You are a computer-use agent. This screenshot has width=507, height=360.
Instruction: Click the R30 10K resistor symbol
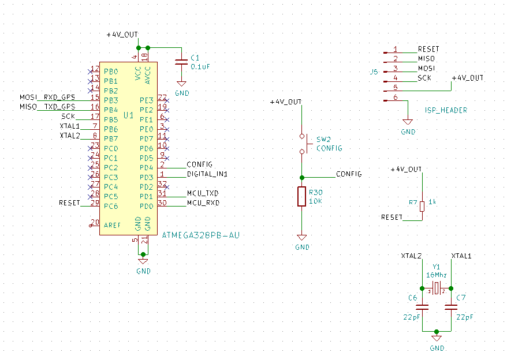pyautogui.click(x=301, y=196)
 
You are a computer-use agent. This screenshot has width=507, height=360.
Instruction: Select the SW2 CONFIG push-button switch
pyautogui.click(x=301, y=144)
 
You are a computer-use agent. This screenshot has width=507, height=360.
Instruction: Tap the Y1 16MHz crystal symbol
pyautogui.click(x=437, y=287)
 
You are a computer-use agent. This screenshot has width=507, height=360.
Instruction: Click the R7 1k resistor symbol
pyautogui.click(x=422, y=206)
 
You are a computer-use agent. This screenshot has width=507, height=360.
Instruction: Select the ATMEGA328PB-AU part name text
pyautogui.click(x=200, y=235)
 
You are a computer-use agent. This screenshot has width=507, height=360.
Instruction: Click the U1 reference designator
pyautogui.click(x=128, y=115)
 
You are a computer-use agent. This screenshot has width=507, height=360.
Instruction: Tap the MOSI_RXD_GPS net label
pyautogui.click(x=47, y=97)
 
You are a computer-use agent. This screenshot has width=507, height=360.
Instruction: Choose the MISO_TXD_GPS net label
pyautogui.click(x=47, y=107)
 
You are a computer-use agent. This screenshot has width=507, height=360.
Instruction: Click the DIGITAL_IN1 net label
pyautogui.click(x=207, y=174)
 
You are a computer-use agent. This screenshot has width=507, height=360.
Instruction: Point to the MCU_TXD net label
pyautogui.click(x=203, y=193)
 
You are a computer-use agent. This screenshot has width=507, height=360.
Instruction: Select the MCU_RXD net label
pyautogui.click(x=203, y=203)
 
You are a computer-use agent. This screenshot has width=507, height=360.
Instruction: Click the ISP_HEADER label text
pyautogui.click(x=446, y=110)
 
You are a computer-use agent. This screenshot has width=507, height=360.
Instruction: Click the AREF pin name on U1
pyautogui.click(x=113, y=225)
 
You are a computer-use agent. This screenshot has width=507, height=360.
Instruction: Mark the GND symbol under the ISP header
pyautogui.click(x=408, y=122)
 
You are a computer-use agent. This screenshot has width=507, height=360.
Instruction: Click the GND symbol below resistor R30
pyautogui.click(x=301, y=238)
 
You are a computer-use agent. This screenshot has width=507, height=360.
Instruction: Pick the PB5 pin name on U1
pyautogui.click(x=111, y=119)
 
